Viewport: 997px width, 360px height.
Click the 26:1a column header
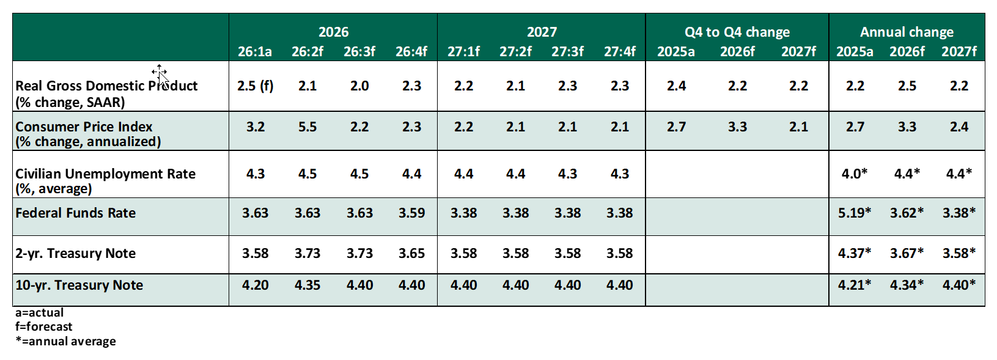coord(255,51)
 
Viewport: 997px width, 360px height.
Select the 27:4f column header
coord(619,51)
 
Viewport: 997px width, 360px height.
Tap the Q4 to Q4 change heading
coord(737,32)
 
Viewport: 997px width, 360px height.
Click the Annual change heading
coord(907,32)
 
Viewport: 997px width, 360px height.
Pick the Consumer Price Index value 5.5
coord(307,127)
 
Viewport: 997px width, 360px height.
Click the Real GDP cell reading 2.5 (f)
coord(255,86)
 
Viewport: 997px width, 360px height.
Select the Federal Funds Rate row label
coord(75,213)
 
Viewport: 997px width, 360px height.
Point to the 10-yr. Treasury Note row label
coord(79,285)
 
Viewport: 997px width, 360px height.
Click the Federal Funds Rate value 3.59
coord(411,213)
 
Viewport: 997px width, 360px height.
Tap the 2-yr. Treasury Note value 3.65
coord(411,253)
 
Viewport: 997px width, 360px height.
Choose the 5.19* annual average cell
coord(854,213)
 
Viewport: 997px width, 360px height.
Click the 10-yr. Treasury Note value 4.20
coord(255,285)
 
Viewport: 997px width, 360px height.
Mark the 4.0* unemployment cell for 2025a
coord(854,174)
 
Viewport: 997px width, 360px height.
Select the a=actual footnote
coord(39,312)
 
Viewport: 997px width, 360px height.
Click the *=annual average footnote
coord(65,341)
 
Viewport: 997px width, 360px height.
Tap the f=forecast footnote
coord(43,326)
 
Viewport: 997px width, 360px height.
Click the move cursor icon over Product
coord(160,73)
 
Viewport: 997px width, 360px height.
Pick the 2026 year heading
coord(333,32)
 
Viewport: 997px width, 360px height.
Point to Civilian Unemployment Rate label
coord(105,174)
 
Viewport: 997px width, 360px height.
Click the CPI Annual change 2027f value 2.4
coord(958,127)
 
